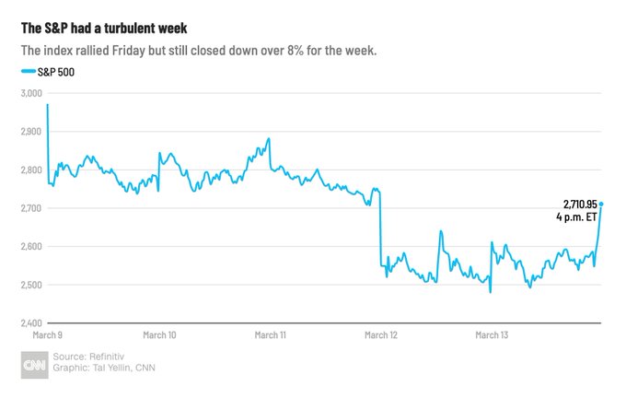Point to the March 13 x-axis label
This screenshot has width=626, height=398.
click(x=492, y=336)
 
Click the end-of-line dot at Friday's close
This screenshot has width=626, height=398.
click(x=601, y=204)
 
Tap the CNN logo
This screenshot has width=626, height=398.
click(x=33, y=365)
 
